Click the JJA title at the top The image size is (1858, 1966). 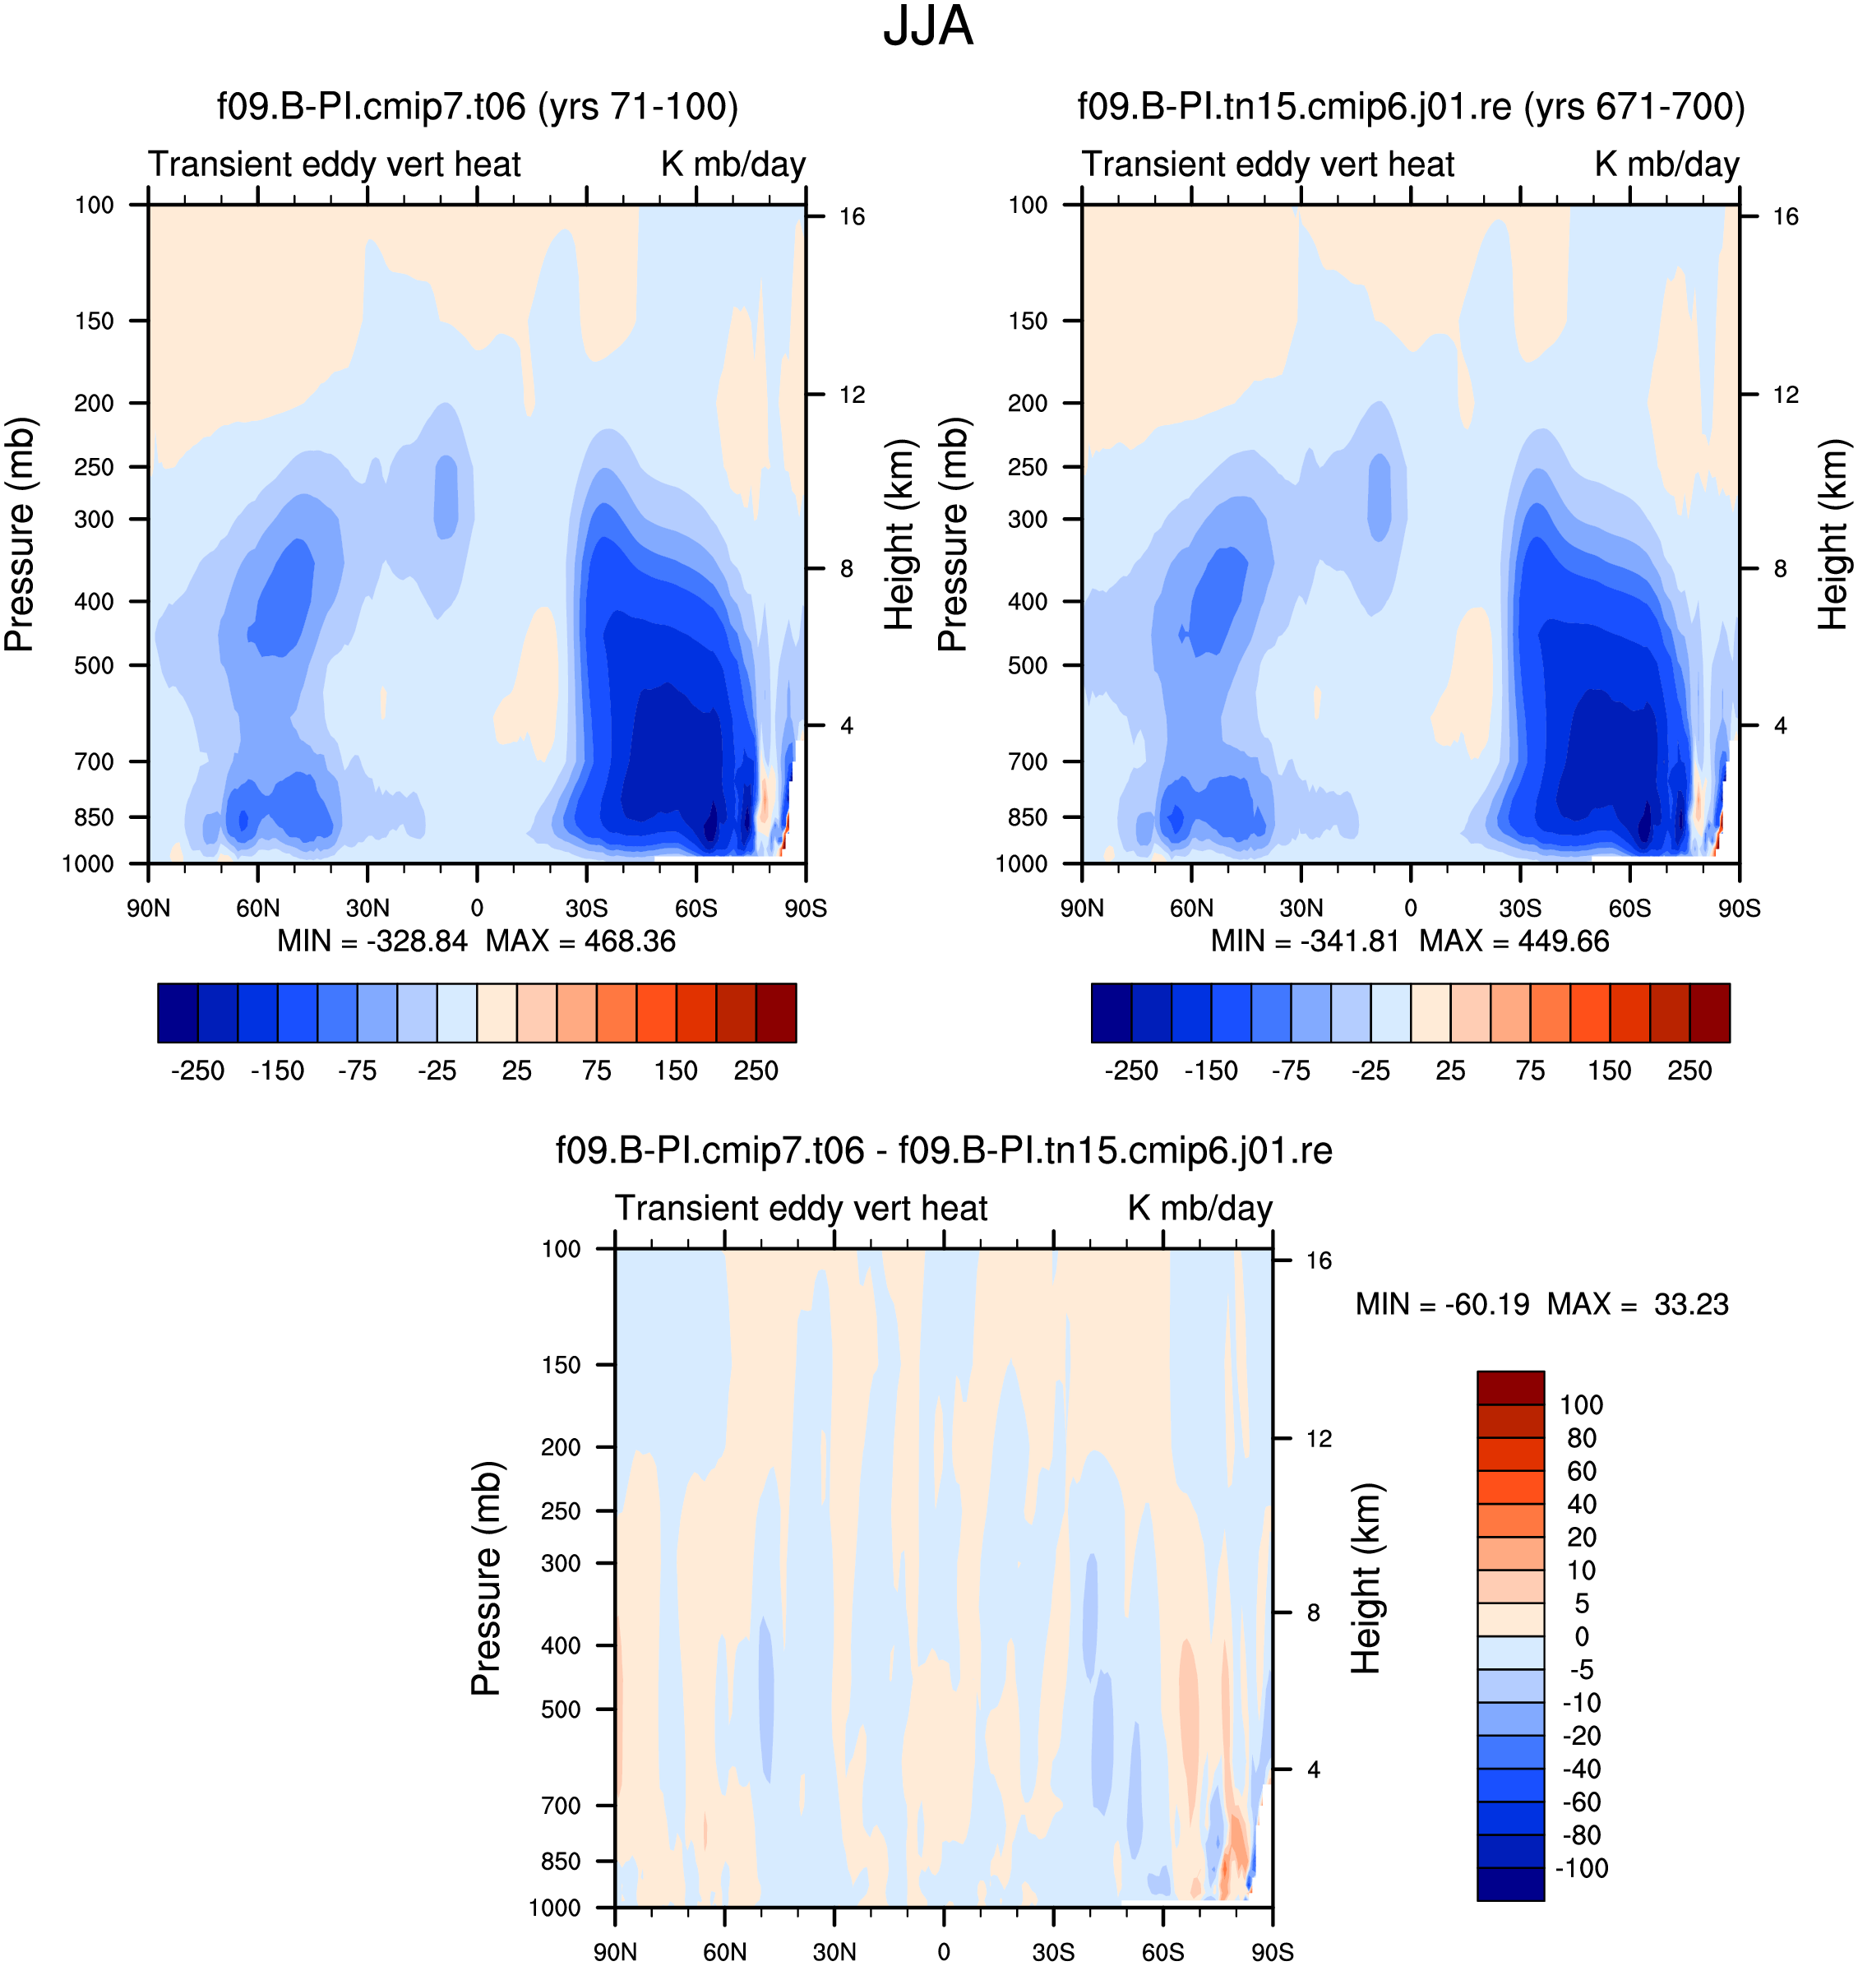tap(928, 27)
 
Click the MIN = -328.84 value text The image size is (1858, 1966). tap(372, 941)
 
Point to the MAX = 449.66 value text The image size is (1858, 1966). tap(1514, 941)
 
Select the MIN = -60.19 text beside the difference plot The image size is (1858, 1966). tap(1442, 1304)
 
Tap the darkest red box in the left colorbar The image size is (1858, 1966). tap(775, 1013)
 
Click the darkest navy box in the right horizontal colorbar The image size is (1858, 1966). tap(1112, 1013)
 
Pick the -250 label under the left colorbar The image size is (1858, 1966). tap(198, 1071)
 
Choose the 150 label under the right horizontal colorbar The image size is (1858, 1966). tap(1610, 1071)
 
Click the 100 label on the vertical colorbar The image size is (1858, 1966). tap(1582, 1405)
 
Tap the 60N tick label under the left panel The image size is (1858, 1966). tap(257, 909)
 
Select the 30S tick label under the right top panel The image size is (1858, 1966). tap(1520, 909)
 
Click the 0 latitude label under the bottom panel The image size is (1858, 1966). tap(944, 1952)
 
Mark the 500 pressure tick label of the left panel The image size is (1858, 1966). tap(94, 665)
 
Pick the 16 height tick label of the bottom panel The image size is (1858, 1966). tap(1318, 1261)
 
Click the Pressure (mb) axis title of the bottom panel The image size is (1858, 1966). tap(487, 1578)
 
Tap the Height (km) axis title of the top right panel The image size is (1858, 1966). tap(1833, 534)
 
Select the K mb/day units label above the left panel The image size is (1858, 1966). tap(734, 164)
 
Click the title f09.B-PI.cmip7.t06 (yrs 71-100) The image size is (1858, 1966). tap(478, 107)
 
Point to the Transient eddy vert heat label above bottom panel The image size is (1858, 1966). tap(802, 1209)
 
